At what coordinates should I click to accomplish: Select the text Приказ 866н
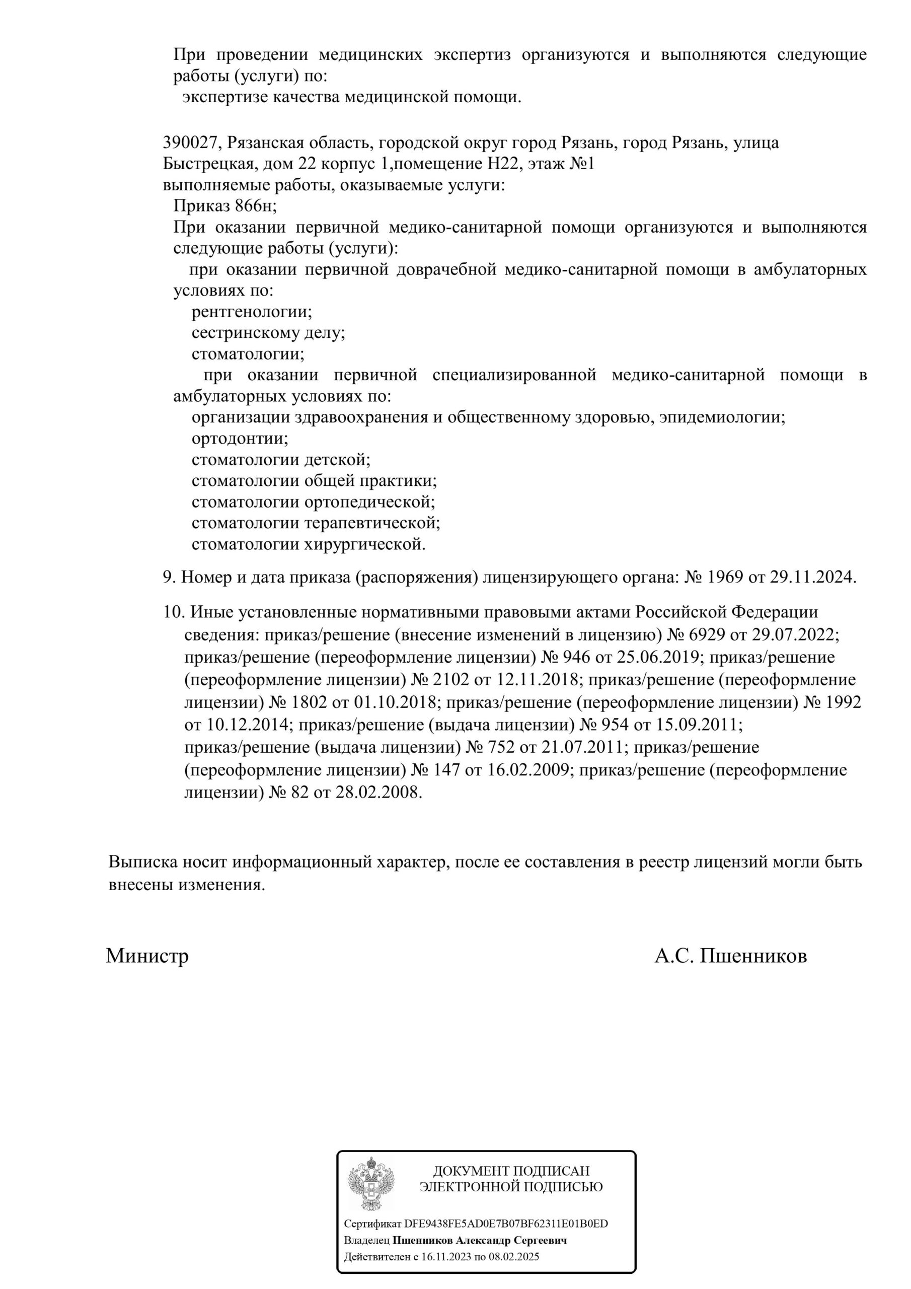[x=224, y=206]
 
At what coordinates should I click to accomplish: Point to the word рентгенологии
[x=252, y=312]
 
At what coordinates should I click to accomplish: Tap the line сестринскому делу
[x=268, y=333]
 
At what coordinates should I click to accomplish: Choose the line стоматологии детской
[x=281, y=460]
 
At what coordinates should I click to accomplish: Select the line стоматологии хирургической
[x=308, y=544]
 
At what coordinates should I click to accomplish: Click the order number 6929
[x=707, y=635]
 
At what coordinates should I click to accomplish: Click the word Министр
[x=147, y=956]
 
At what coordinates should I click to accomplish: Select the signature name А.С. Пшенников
[x=730, y=956]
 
